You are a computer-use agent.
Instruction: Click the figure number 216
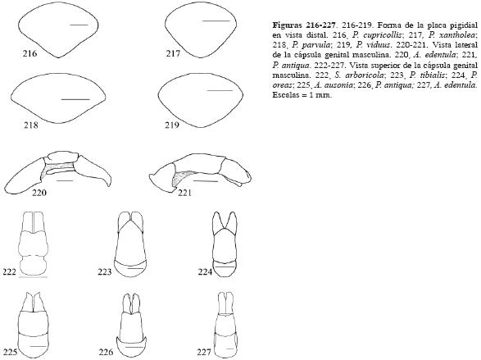[x=29, y=53]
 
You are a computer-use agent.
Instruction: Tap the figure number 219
[x=172, y=125]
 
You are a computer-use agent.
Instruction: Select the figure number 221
[x=184, y=193]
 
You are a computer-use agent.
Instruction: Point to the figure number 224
[x=205, y=271]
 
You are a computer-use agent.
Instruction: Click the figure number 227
[x=204, y=352]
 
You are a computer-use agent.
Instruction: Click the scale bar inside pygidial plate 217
[x=216, y=21]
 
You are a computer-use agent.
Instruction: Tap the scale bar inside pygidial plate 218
[x=75, y=99]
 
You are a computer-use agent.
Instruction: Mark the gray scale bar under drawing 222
[x=33, y=277]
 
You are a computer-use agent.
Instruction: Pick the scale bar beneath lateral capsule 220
[x=65, y=180]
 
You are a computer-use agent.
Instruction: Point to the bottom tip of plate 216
[x=59, y=57]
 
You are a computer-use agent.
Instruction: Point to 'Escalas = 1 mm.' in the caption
[x=302, y=95]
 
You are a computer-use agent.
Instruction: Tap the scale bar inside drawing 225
[x=38, y=346]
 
